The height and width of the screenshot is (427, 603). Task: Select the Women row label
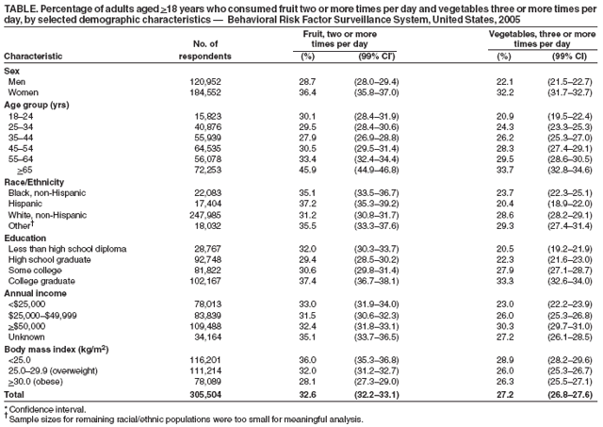point(24,92)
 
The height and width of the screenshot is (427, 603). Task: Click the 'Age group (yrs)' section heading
point(35,103)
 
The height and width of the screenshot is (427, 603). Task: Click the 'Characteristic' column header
point(34,57)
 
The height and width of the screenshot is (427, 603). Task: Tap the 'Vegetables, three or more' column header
point(543,34)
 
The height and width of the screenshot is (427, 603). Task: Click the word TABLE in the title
point(19,8)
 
